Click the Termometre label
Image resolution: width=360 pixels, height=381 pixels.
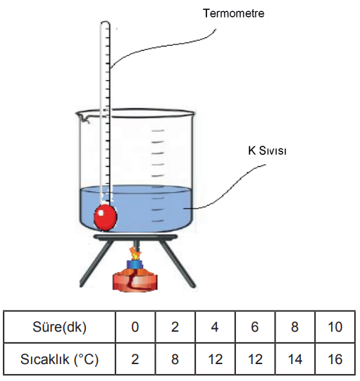234,13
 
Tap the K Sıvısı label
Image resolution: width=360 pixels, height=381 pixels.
267,151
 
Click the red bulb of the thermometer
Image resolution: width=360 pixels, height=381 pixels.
106,217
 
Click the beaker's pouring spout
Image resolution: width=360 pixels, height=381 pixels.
82,117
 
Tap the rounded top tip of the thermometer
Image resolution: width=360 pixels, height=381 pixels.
105,23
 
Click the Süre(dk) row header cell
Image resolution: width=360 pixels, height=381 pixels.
60,327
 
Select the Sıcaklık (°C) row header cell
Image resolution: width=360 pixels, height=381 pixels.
60,359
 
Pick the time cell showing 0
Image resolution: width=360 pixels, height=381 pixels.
135,327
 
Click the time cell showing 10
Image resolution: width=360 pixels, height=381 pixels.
335,327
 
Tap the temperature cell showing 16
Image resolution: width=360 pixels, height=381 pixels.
335,359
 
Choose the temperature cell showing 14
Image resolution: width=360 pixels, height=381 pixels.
295,359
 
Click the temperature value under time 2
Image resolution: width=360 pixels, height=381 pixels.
175,359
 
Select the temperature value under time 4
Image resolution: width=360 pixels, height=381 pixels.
215,359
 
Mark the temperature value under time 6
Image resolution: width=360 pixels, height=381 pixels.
255,359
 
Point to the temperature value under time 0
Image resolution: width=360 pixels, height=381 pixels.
135,359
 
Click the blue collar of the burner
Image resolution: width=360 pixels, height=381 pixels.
135,264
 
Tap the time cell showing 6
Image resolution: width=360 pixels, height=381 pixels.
255,327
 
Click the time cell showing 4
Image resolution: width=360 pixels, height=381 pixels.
215,327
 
